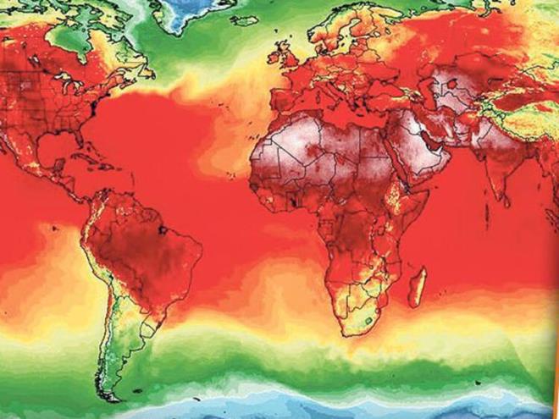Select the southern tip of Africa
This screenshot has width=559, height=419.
(350, 334)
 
